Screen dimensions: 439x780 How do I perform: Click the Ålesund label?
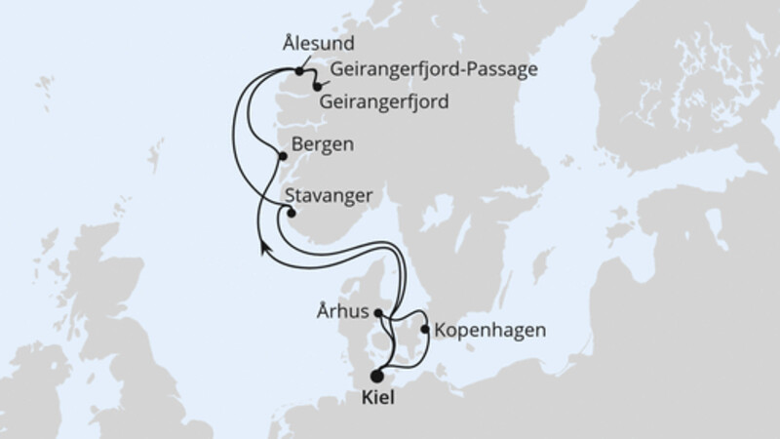316,45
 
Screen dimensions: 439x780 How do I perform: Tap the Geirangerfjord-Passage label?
435,70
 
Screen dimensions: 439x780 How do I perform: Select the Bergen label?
323,143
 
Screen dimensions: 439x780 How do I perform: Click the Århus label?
343,315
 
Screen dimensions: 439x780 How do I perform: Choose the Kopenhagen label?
490,330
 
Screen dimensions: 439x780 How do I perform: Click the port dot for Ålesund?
299,70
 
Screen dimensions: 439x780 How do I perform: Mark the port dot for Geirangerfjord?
317,87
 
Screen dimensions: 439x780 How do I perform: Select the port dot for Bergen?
283,155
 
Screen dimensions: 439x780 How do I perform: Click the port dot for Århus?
380,315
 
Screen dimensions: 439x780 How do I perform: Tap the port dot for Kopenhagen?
424,329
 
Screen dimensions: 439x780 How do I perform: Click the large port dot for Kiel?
377,373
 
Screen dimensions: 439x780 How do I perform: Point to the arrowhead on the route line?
263,247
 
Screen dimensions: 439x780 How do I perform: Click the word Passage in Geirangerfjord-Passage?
503,70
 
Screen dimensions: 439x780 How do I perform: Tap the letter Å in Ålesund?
284,44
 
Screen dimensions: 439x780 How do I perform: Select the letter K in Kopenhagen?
440,330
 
